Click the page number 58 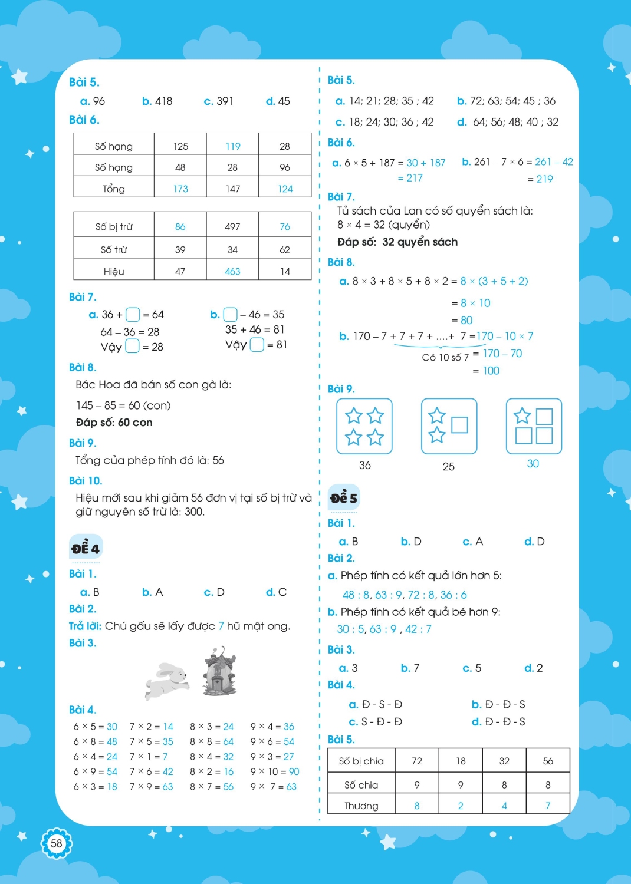pyautogui.click(x=56, y=843)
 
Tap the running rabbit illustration pyautogui.click(x=167, y=680)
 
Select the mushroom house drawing pyautogui.click(x=219, y=671)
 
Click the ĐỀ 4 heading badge pyautogui.click(x=86, y=549)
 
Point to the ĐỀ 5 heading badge pyautogui.click(x=344, y=498)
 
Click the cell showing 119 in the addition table pyautogui.click(x=233, y=146)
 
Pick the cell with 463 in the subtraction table pyautogui.click(x=232, y=272)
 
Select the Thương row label pyautogui.click(x=361, y=806)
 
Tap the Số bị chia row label pyautogui.click(x=361, y=761)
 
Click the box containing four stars pyautogui.click(x=364, y=426)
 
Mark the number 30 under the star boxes pyautogui.click(x=533, y=464)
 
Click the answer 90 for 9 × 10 pyautogui.click(x=294, y=771)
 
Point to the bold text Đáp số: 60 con pyautogui.click(x=114, y=423)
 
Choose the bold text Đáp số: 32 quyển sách pyautogui.click(x=397, y=242)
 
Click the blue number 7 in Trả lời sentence pyautogui.click(x=221, y=626)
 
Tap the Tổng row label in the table pyautogui.click(x=114, y=189)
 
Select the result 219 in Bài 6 pyautogui.click(x=544, y=179)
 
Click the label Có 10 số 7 pyautogui.click(x=445, y=357)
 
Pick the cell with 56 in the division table pyautogui.click(x=548, y=761)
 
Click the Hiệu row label pyautogui.click(x=114, y=272)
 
